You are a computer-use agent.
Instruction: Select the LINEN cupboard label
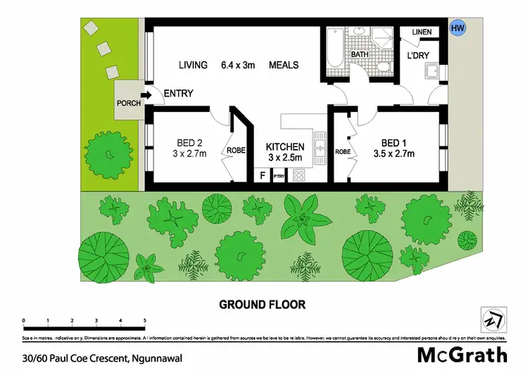[x=422, y=32]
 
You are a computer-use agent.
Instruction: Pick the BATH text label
[x=360, y=54]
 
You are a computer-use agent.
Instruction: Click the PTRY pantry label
[x=279, y=176]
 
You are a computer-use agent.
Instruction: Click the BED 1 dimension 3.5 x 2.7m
[x=394, y=154]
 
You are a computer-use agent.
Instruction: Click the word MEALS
[x=284, y=65]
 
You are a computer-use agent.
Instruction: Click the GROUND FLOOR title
[x=262, y=305]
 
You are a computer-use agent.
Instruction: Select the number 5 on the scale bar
[x=144, y=320]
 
